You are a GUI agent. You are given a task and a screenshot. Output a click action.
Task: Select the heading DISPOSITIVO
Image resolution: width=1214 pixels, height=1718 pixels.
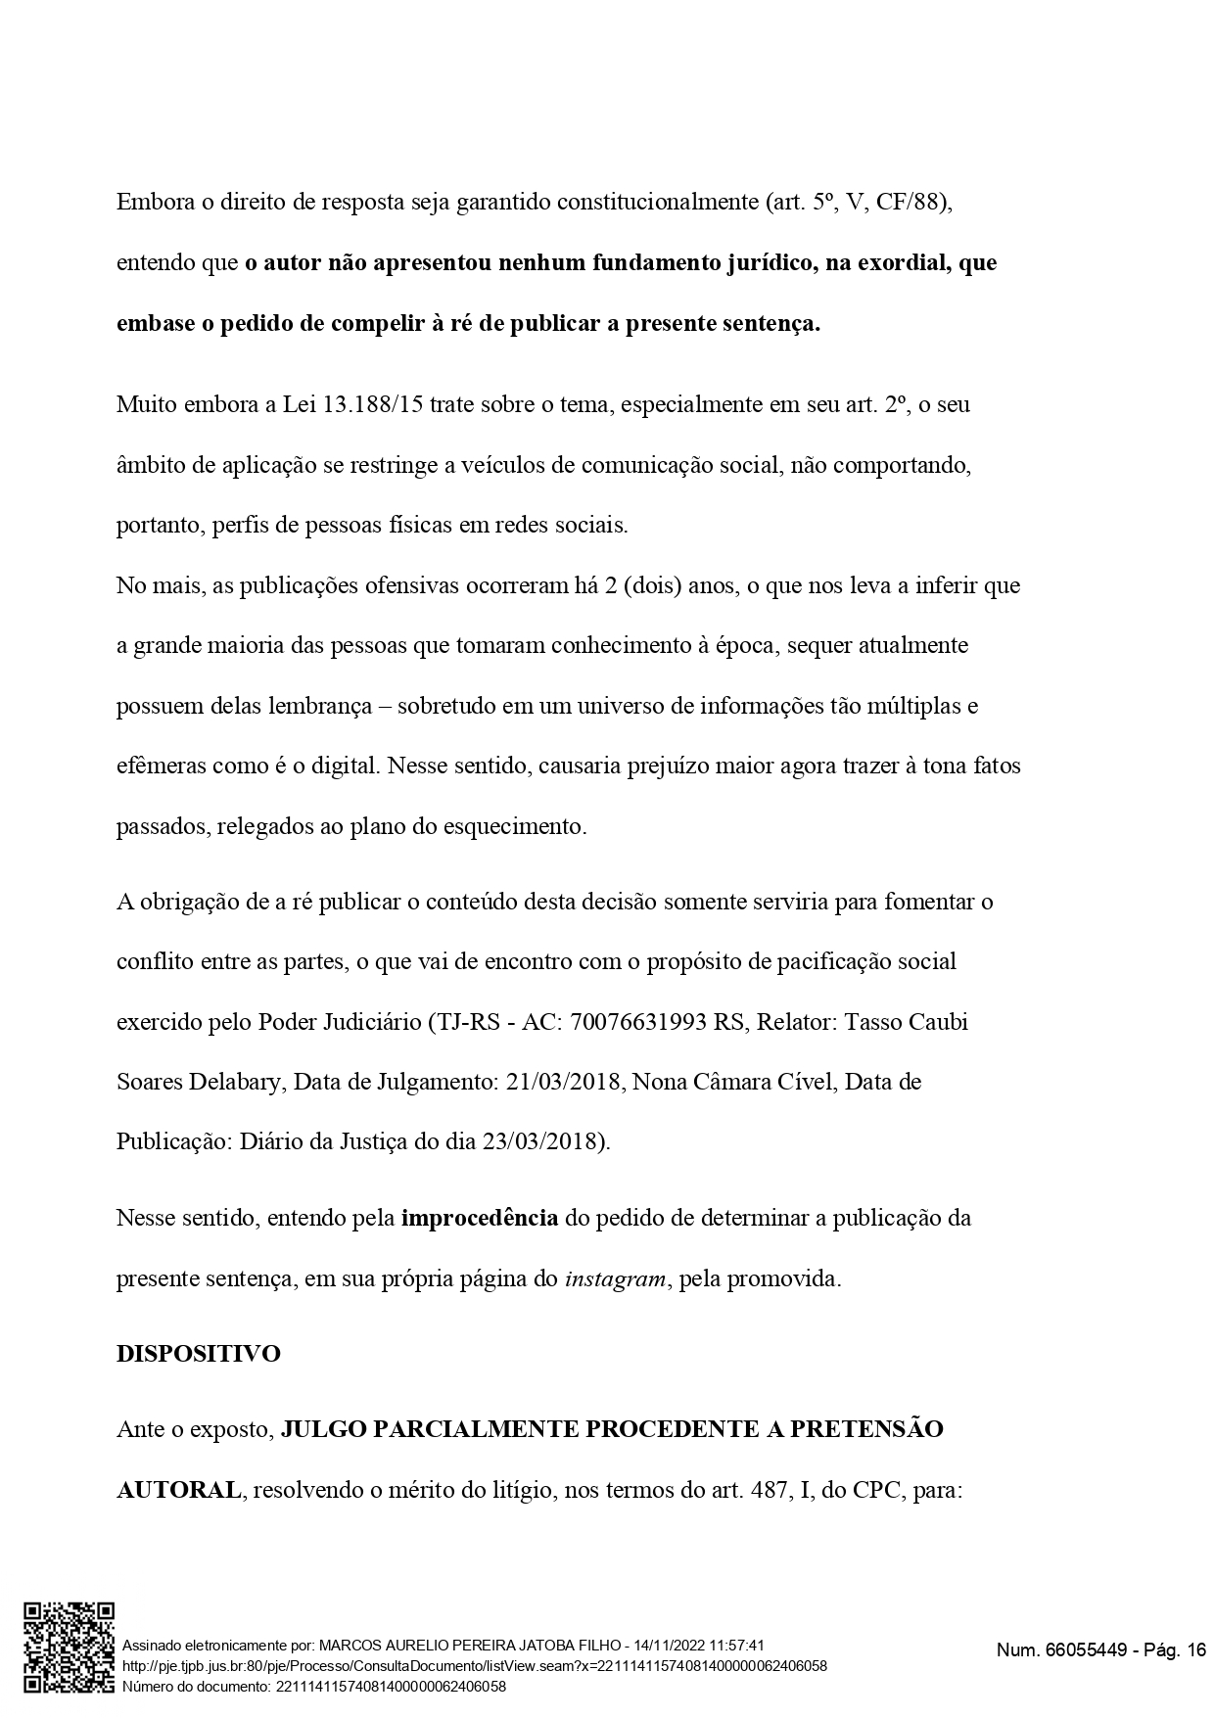pos(198,1354)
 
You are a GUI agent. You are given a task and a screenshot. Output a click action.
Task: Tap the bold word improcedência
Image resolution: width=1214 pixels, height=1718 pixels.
pos(480,1219)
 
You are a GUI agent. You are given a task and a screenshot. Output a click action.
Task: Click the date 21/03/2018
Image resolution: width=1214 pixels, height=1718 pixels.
pos(564,1082)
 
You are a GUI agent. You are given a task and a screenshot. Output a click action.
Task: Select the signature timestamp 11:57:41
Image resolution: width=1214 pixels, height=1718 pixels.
pos(730,1647)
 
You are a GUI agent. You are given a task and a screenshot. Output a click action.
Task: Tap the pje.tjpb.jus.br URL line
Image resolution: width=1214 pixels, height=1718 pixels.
pos(475,1666)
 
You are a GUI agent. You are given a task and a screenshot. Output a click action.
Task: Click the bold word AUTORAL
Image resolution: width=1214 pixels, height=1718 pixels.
pos(178,1490)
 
